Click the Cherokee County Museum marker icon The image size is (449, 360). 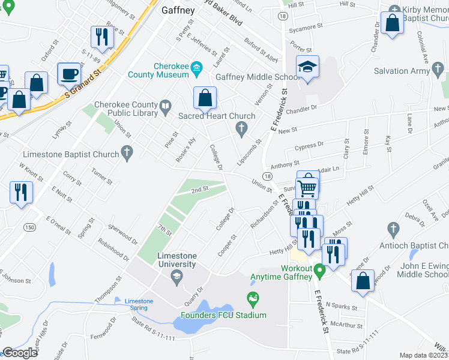click(196, 70)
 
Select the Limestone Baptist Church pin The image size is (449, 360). click(126, 154)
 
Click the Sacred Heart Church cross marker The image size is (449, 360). click(241, 127)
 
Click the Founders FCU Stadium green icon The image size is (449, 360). click(253, 298)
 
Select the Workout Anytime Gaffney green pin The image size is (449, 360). click(320, 272)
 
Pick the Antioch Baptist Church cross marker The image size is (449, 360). click(393, 229)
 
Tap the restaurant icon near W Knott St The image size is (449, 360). click(22, 192)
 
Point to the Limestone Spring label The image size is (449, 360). click(139, 304)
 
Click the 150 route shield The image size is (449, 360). click(29, 226)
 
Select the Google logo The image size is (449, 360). click(20, 353)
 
